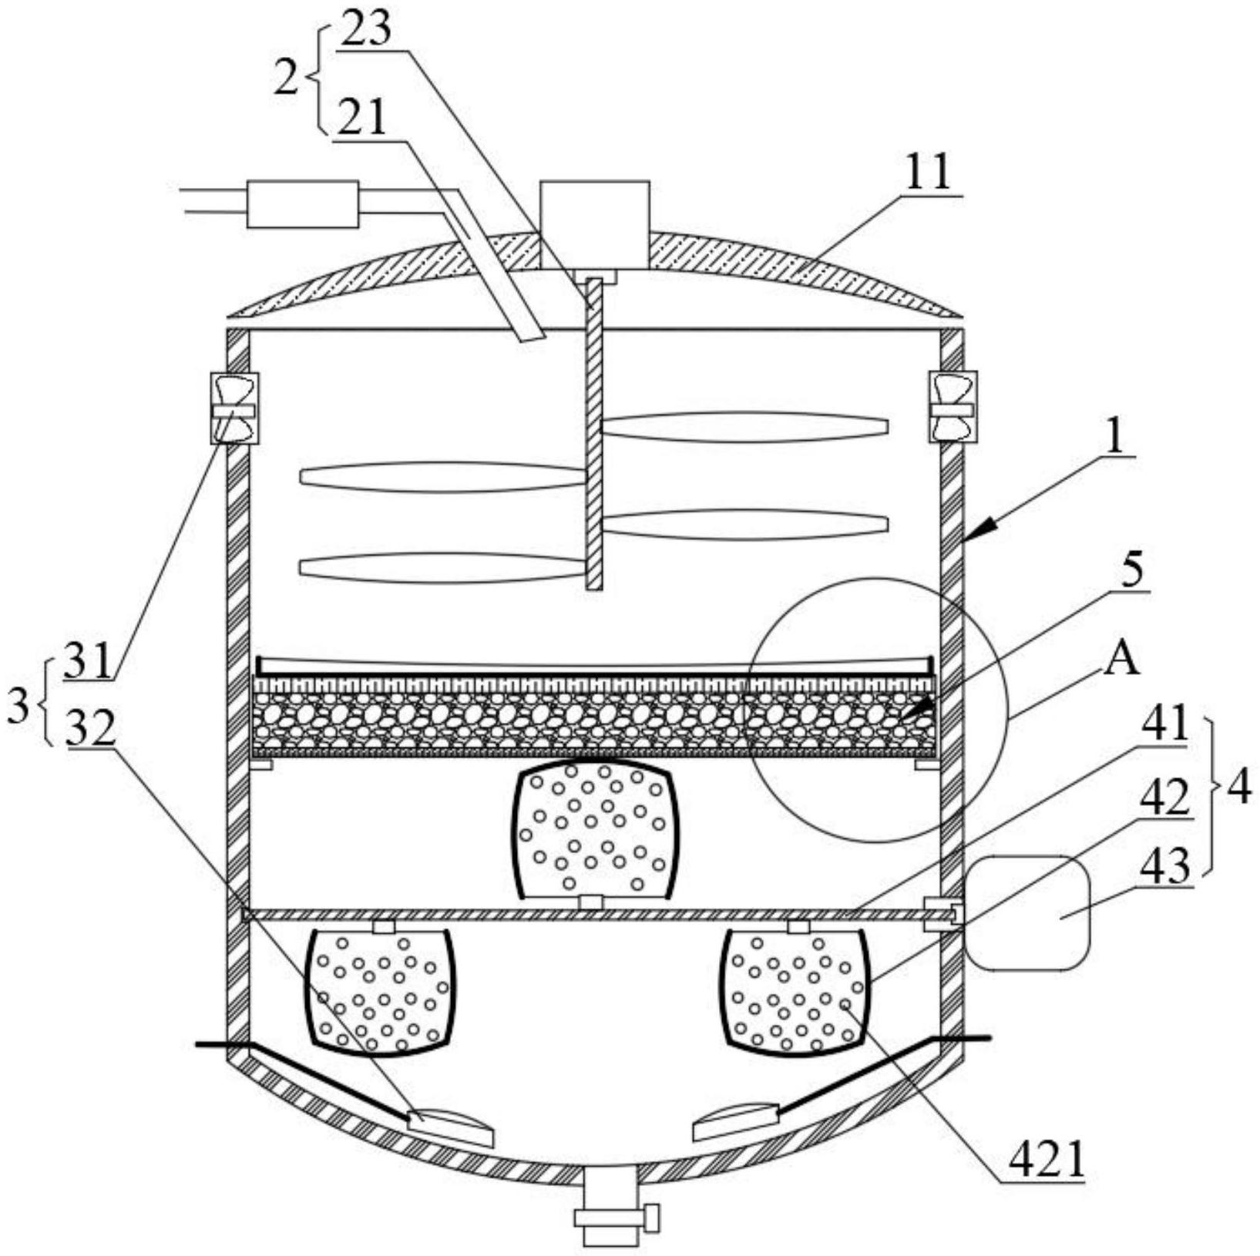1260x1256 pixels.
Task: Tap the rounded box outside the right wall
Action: click(x=1028, y=912)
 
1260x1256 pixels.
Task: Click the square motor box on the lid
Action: click(x=594, y=223)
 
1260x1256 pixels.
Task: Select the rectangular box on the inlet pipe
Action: click(x=302, y=204)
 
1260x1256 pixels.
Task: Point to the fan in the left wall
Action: click(x=234, y=409)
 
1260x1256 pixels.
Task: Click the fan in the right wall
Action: click(x=951, y=408)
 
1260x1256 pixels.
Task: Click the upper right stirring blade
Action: click(x=744, y=427)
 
